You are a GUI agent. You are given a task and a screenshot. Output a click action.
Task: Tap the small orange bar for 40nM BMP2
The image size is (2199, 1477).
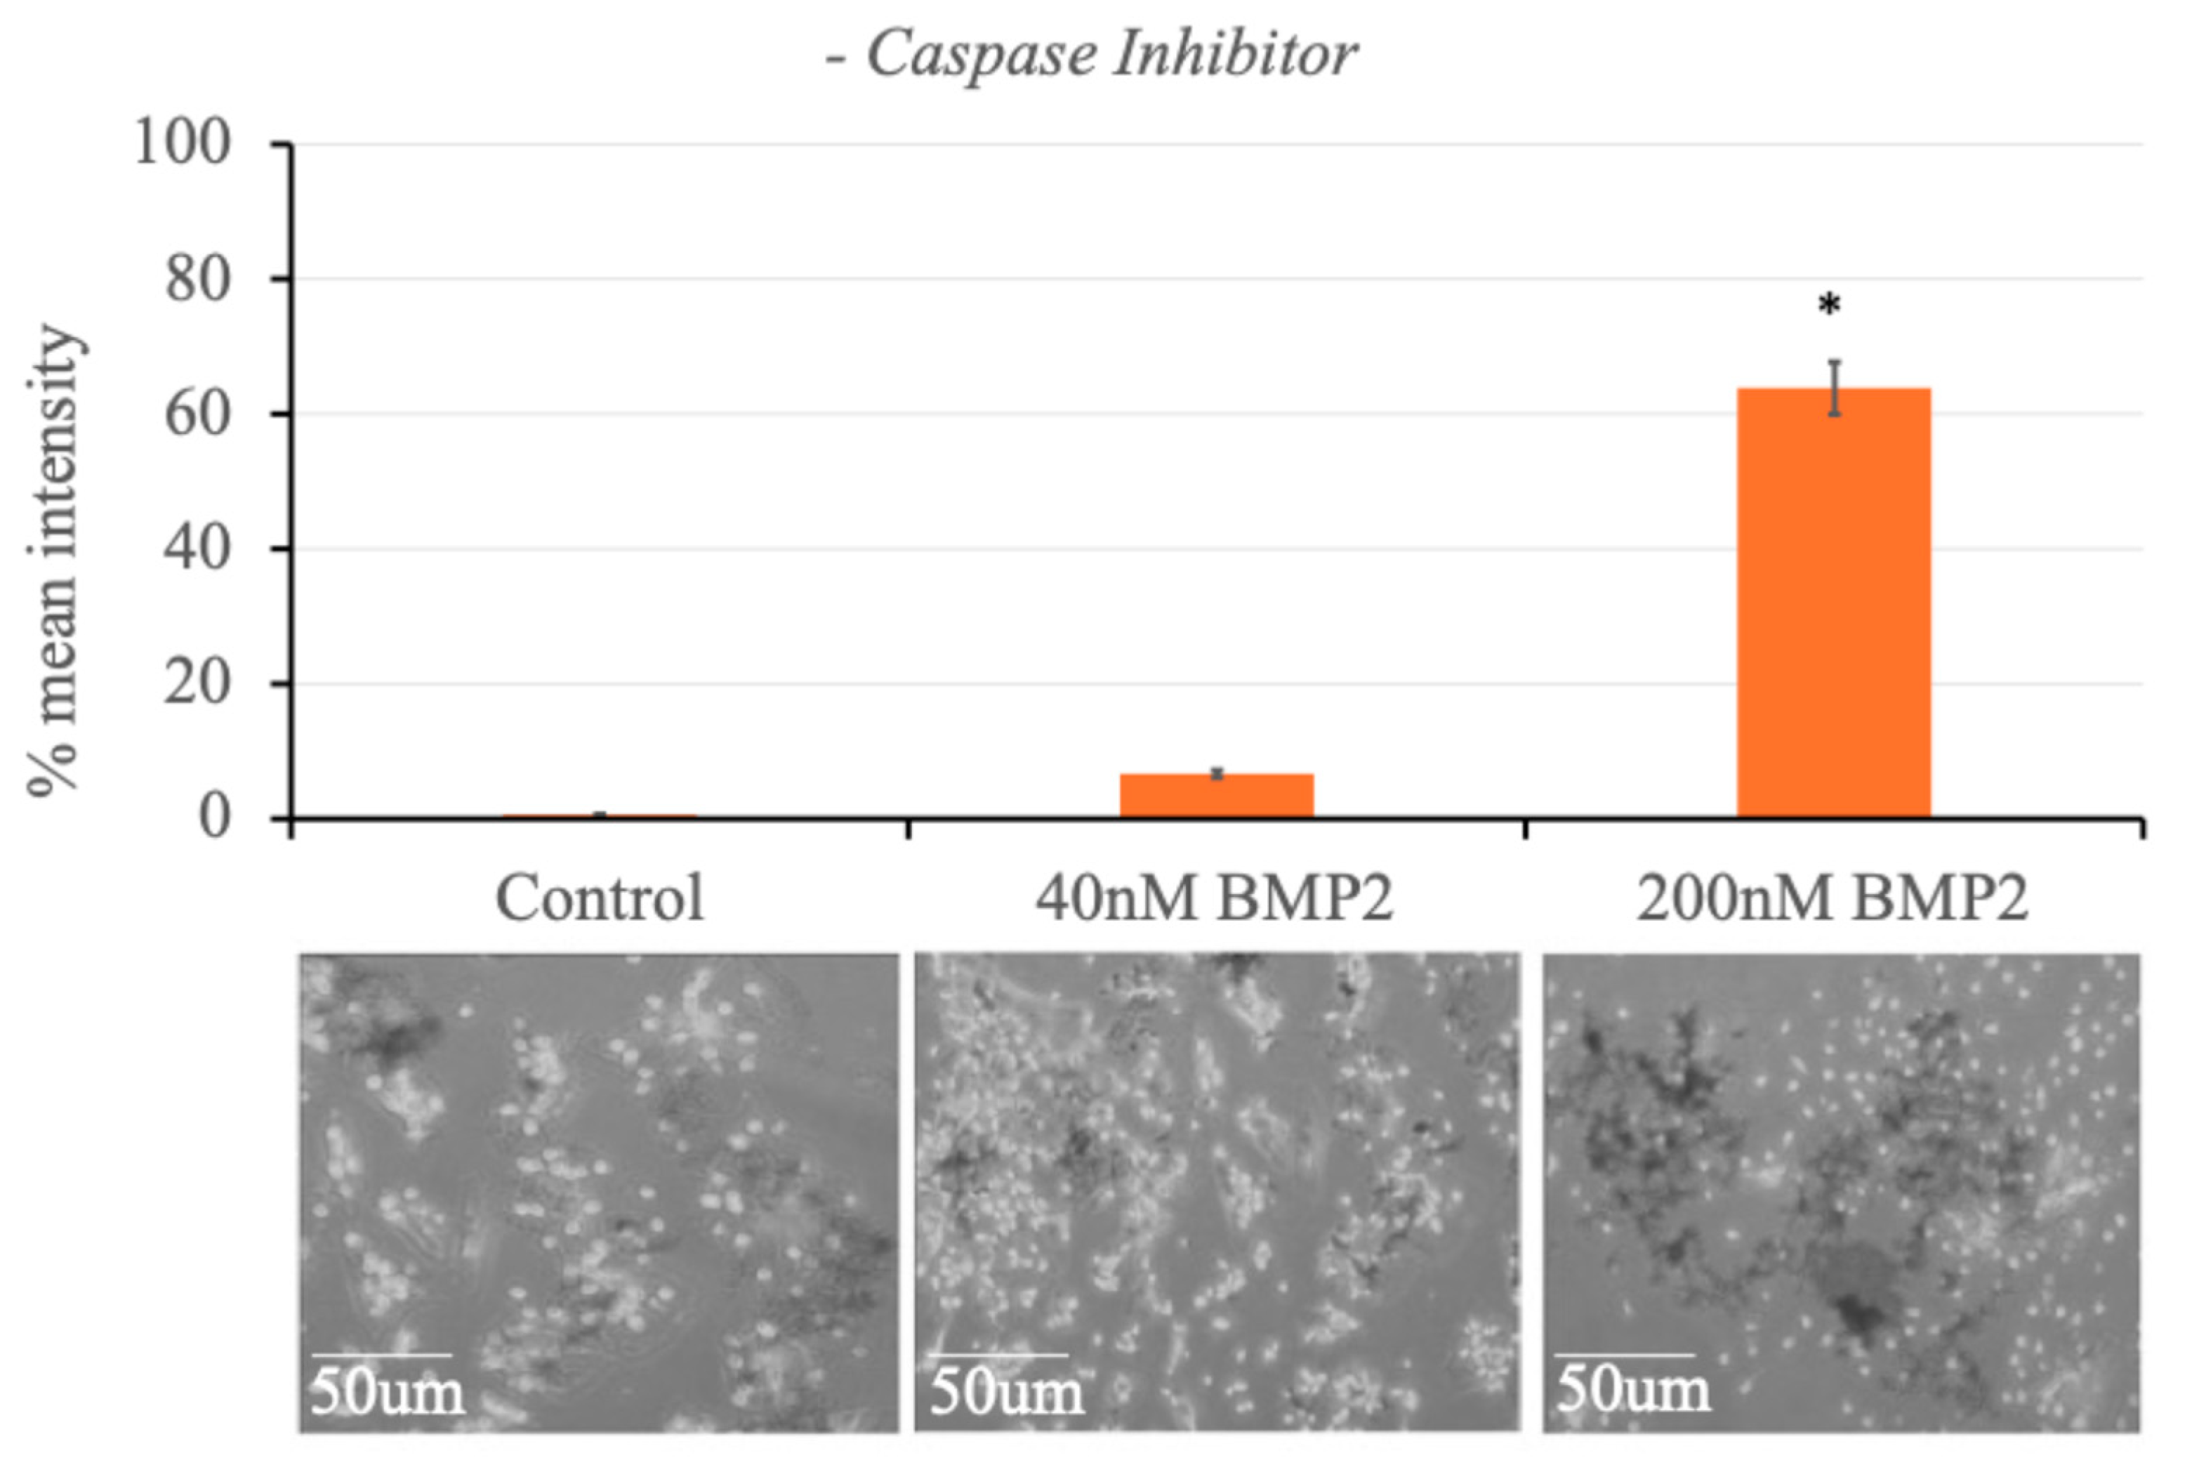[1216, 795]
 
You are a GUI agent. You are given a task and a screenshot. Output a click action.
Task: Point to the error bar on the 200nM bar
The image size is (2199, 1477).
[1834, 388]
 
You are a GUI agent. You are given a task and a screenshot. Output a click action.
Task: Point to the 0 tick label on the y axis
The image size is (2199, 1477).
[213, 817]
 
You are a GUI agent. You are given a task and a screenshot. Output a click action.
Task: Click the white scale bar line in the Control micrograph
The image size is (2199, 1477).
[381, 1355]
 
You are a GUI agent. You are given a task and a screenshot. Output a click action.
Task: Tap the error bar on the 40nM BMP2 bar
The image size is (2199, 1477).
[1217, 773]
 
